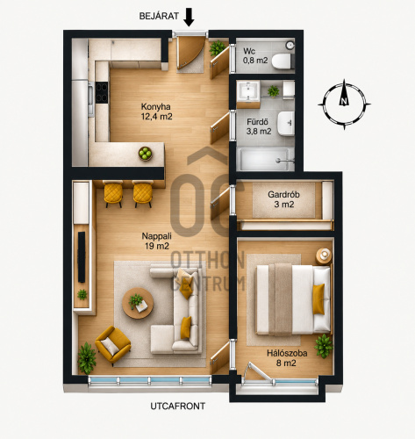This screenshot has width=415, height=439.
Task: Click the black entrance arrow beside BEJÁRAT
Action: (x=190, y=17)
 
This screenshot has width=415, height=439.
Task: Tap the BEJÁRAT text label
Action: (x=159, y=16)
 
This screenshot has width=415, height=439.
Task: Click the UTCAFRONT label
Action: (x=178, y=407)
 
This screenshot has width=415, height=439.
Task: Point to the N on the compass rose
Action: (x=344, y=102)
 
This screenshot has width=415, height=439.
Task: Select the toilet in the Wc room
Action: (x=283, y=61)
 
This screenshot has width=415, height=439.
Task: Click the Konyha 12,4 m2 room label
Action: (x=156, y=112)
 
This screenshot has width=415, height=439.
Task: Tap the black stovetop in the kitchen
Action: (x=102, y=92)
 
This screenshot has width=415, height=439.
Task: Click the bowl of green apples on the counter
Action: (x=145, y=154)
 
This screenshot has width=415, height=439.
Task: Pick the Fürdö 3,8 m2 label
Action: (x=259, y=126)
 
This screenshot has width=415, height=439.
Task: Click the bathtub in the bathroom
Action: (x=266, y=159)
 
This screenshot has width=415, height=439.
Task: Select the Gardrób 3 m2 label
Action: (x=283, y=199)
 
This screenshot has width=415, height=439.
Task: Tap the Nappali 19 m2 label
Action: (x=157, y=241)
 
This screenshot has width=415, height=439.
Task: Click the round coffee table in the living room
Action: (x=138, y=303)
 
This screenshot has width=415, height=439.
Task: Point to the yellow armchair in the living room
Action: (x=113, y=345)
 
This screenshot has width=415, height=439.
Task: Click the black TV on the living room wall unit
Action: (x=82, y=257)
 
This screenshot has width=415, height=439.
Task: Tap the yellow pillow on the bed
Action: (x=318, y=299)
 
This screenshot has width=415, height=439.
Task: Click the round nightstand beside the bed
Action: (x=324, y=255)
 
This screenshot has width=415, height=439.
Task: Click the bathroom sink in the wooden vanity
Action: (x=248, y=90)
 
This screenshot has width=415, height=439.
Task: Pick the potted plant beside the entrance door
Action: (x=218, y=48)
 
